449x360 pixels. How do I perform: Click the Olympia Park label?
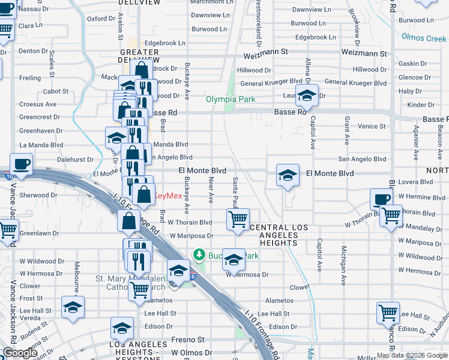point(231,100)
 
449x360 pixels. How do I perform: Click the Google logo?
point(19,353)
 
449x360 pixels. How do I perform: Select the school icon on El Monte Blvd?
point(288,175)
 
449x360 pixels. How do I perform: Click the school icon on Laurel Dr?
point(307,96)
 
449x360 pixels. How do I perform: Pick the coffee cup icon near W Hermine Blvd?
point(381,200)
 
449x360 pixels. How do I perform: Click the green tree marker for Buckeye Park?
point(200,256)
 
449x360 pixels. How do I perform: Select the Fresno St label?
point(188,340)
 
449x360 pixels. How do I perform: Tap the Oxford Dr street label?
point(100,19)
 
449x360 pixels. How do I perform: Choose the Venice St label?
point(372,126)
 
